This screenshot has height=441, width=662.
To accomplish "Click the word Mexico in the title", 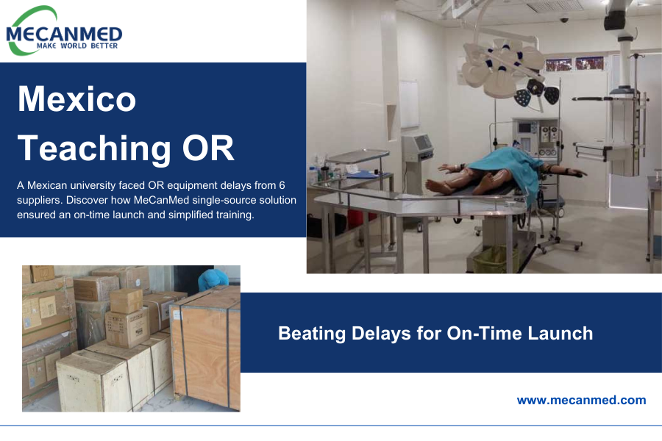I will click(x=76, y=98).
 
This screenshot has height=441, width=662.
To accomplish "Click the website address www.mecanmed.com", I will click(x=581, y=401).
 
